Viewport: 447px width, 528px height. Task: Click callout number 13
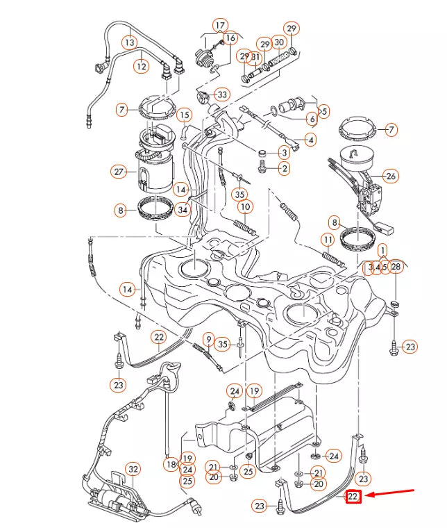(130, 42)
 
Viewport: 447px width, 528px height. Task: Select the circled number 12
(142, 67)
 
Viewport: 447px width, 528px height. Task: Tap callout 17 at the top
(220, 26)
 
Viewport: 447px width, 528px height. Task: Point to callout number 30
(279, 42)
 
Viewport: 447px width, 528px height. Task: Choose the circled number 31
(256, 56)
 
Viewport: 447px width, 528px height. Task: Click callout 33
(221, 94)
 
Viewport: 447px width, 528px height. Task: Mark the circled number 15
(183, 115)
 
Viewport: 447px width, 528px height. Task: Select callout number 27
(119, 171)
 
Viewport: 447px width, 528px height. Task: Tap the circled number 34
(183, 210)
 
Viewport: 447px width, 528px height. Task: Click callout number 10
(244, 207)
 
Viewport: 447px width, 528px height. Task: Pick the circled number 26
(391, 176)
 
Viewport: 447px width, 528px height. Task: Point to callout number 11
(327, 240)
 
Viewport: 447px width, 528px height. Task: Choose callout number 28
(396, 267)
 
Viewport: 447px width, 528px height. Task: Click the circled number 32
(133, 470)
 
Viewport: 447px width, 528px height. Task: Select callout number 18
(171, 463)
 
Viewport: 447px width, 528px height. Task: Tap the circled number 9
(207, 339)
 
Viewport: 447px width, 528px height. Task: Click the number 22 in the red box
(353, 496)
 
